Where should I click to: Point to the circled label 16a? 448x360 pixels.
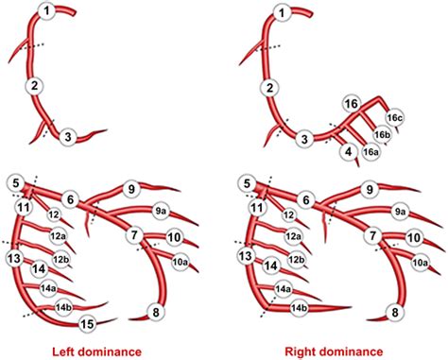pyautogui.click(x=373, y=151)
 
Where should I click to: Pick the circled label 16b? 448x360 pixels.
pyautogui.click(x=383, y=134)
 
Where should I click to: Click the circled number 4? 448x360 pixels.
pyautogui.click(x=349, y=151)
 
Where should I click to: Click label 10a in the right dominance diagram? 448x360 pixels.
pyautogui.click(x=420, y=262)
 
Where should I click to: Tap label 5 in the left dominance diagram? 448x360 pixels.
pyautogui.click(x=14, y=182)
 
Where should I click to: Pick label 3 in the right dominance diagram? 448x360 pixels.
pyautogui.click(x=304, y=139)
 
